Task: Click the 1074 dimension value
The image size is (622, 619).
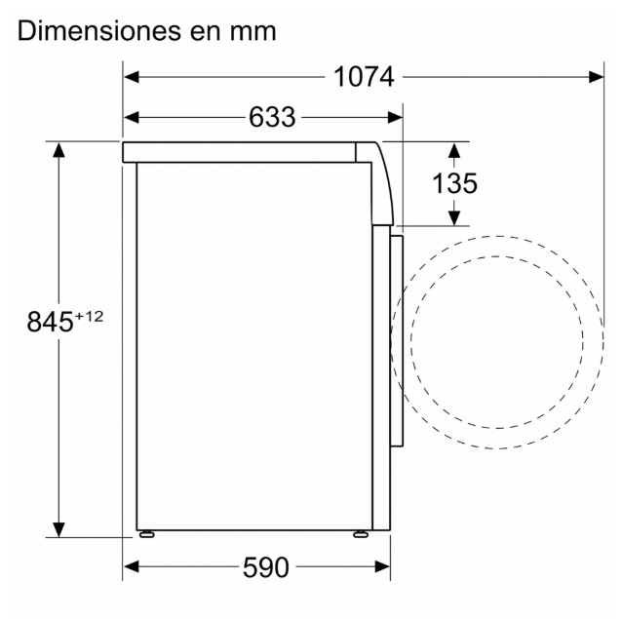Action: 364,77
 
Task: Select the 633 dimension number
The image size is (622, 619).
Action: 272,117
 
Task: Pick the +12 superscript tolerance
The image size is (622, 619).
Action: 89,315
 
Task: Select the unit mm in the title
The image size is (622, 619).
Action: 253,31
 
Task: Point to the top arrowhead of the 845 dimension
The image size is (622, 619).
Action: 59,150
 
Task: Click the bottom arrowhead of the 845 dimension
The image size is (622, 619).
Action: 59,528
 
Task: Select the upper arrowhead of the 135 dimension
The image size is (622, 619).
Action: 455,150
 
